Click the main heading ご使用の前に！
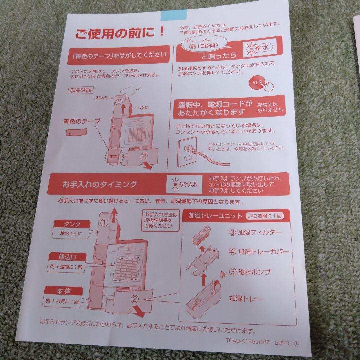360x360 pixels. coord(119,33)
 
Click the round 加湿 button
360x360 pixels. coord(258,83)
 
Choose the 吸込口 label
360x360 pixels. coord(68,257)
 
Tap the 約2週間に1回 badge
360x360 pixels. coord(265,216)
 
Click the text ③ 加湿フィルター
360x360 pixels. coord(255,233)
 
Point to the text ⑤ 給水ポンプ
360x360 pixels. coord(250,272)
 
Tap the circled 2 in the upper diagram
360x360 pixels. coord(144,155)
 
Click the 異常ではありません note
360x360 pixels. coord(270,107)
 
